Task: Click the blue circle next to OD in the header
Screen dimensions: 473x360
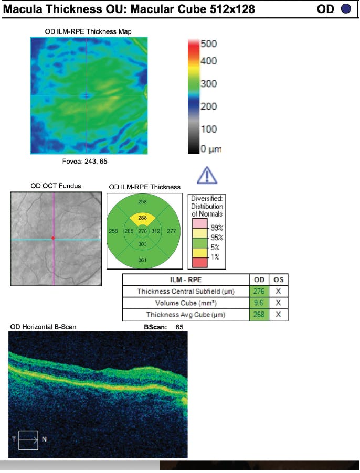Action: click(x=346, y=9)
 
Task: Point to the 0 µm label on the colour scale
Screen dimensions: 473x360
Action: click(x=211, y=149)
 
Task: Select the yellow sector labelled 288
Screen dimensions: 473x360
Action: click(x=143, y=218)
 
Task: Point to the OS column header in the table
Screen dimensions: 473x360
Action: click(x=278, y=280)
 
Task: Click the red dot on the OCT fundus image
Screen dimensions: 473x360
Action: click(x=53, y=239)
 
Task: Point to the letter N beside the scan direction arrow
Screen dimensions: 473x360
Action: click(x=44, y=439)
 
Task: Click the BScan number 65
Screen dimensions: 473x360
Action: click(x=179, y=327)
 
